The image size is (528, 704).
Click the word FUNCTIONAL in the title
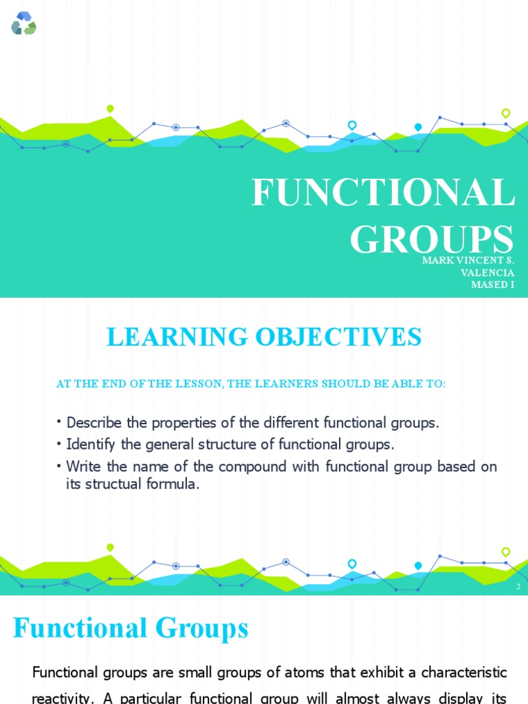[x=383, y=193]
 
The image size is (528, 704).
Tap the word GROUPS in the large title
[x=431, y=239]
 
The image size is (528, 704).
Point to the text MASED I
[x=492, y=285]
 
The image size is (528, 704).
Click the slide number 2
[x=518, y=586]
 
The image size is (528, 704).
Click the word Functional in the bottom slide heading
[x=80, y=628]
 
